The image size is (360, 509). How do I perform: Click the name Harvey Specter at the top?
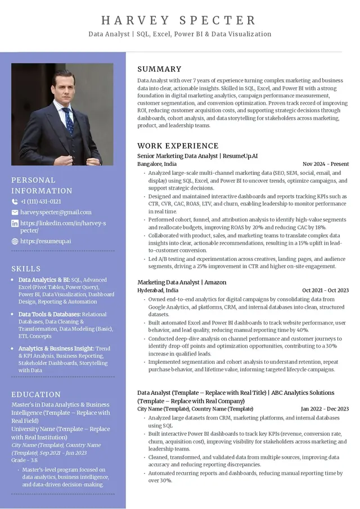(x=179, y=21)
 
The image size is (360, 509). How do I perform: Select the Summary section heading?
(x=159, y=69)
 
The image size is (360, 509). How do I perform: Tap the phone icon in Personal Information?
(x=15, y=201)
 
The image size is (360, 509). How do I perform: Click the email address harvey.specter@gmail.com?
(x=56, y=212)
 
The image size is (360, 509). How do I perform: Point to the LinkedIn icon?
(x=15, y=223)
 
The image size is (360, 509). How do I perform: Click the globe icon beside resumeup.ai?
(x=15, y=241)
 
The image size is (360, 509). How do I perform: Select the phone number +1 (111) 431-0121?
(x=40, y=201)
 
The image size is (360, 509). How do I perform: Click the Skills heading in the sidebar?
(x=26, y=269)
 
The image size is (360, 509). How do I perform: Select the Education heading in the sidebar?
(x=36, y=394)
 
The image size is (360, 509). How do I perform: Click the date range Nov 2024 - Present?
(x=326, y=164)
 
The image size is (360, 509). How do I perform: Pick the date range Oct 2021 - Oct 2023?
(x=325, y=291)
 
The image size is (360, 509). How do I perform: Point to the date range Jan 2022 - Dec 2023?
(x=325, y=409)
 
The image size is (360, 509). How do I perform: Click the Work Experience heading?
(x=178, y=146)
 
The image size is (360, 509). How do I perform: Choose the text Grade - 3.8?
(x=25, y=460)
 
